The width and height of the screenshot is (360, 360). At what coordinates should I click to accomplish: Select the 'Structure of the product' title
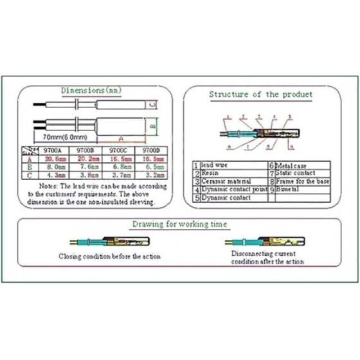point(261,94)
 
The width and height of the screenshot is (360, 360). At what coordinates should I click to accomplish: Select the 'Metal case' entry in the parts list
point(292,165)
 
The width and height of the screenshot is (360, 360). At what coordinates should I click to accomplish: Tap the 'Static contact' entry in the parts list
point(296,174)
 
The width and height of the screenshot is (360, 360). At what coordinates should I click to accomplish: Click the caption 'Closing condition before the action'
point(109,256)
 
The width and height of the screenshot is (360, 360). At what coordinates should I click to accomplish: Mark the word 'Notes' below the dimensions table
point(48,186)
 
